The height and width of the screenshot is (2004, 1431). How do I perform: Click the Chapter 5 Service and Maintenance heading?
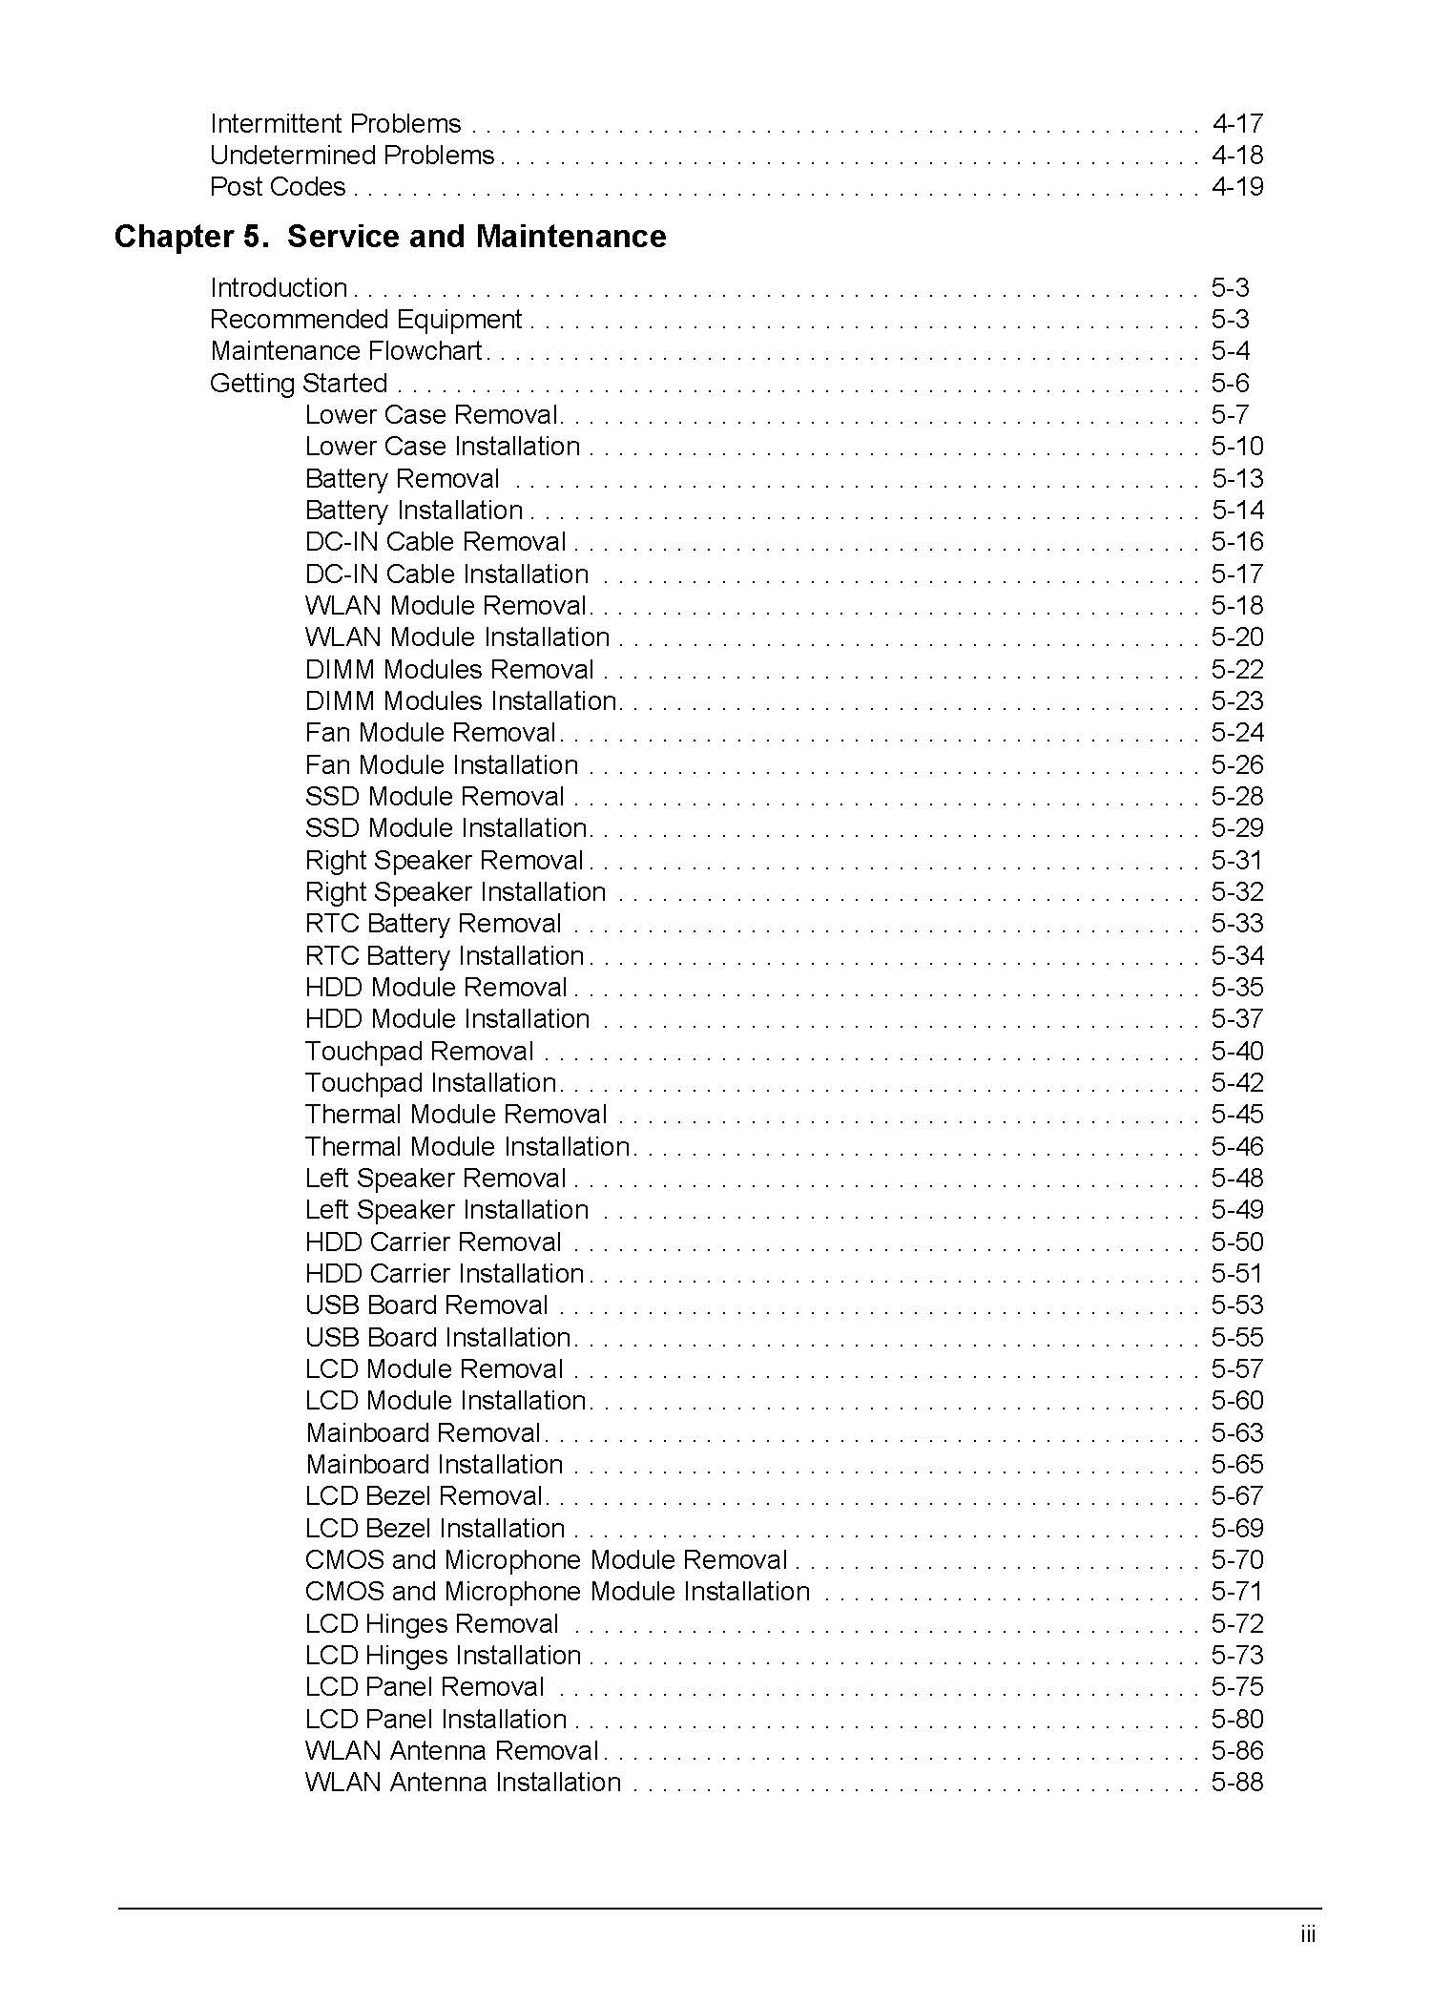389,237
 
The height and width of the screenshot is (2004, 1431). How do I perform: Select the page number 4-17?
1237,124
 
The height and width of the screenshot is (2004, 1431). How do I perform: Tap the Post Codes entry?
278,187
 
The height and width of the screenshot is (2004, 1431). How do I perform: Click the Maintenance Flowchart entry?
345,351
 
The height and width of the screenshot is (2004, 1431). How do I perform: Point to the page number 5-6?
1230,384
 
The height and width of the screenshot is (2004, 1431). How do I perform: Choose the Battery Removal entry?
402,479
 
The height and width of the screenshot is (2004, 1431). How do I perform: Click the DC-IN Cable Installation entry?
446,574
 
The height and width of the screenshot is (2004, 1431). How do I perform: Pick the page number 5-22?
1237,670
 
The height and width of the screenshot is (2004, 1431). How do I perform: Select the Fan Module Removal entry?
430,733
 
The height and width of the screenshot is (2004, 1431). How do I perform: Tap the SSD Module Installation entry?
446,828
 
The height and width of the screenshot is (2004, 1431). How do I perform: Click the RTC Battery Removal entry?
433,924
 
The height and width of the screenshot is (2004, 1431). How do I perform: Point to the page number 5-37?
1237,1019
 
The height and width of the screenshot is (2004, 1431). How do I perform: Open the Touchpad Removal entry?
419,1052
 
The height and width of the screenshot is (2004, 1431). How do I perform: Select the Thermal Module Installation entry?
467,1147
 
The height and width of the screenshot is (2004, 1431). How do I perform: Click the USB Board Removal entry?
426,1305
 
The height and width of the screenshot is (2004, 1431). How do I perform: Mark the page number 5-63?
1237,1433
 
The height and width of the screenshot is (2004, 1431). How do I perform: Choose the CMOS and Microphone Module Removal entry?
546,1560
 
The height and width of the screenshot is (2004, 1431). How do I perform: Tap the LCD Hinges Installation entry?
443,1656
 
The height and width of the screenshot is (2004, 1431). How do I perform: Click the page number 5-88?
1237,1783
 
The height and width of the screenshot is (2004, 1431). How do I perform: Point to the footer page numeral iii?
1307,1935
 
